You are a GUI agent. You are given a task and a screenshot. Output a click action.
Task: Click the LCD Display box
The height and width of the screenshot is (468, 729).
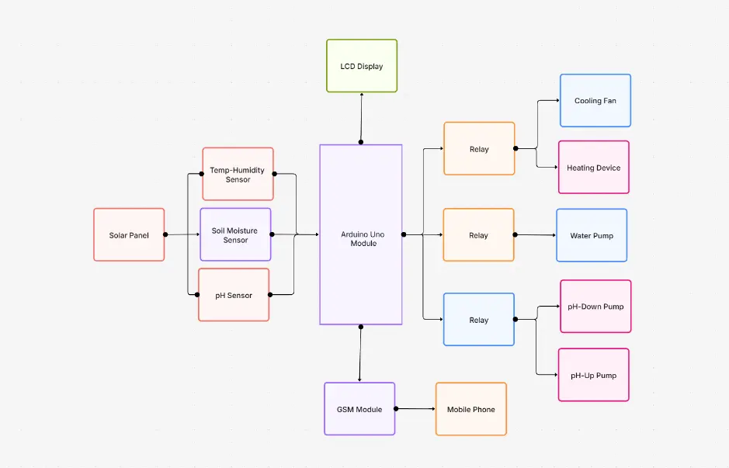[362, 66]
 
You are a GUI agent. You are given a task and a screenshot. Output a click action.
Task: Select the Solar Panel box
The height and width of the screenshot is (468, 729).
[129, 234]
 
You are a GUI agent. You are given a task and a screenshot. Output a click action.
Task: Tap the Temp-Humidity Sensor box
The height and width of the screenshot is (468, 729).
[238, 174]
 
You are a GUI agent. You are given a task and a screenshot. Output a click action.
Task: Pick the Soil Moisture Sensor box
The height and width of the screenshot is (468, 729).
[235, 234]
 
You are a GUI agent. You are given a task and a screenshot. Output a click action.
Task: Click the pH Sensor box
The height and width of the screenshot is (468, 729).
[234, 295]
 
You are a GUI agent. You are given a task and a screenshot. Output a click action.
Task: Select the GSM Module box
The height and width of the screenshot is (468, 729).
[359, 408]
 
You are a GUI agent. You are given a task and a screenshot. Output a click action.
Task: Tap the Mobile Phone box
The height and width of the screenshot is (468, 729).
[470, 408]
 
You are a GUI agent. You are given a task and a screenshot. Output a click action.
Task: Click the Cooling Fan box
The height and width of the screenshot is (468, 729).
[595, 101]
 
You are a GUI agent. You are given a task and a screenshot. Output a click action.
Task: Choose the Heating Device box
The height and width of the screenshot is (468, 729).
[593, 167]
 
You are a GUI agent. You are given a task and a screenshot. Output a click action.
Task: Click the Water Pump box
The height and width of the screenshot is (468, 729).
[592, 235]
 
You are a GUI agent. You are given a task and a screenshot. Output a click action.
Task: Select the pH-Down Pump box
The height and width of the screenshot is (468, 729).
[595, 307]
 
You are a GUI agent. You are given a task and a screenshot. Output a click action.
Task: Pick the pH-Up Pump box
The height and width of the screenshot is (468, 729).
[593, 375]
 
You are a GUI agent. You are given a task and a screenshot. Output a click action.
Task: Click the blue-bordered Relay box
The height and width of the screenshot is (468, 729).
[478, 319]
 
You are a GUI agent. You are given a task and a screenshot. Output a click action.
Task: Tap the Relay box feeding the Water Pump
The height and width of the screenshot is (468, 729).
[478, 234]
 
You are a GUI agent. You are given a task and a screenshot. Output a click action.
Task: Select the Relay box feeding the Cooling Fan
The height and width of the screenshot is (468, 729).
[479, 148]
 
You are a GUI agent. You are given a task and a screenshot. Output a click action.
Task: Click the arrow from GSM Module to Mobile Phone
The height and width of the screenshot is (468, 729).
[415, 408]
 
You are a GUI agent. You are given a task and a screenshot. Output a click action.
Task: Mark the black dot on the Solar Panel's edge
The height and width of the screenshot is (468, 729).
[165, 234]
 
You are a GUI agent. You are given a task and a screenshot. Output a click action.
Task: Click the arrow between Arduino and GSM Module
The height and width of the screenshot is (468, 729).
[360, 354]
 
